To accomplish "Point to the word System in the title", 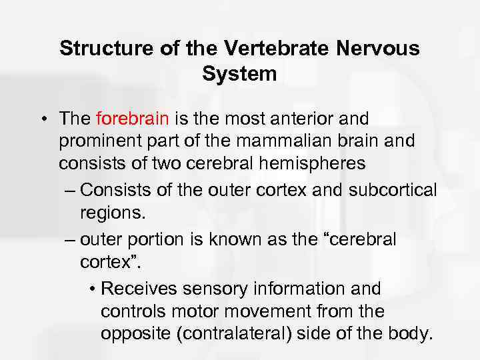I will (239, 74).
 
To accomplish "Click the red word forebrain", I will (133, 119).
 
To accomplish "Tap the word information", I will (299, 289).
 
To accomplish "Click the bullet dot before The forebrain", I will (42, 120).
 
